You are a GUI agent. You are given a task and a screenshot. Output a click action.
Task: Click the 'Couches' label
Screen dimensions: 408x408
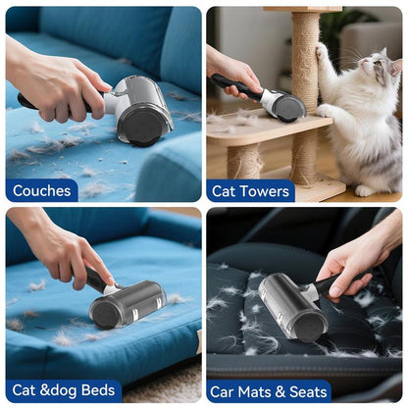point(41,189)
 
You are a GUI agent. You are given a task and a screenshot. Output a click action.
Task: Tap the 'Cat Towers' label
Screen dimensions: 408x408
point(250,189)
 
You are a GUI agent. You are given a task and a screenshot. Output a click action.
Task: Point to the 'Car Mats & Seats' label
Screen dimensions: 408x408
point(268,391)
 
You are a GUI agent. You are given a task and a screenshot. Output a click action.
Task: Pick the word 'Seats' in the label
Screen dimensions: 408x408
point(307,391)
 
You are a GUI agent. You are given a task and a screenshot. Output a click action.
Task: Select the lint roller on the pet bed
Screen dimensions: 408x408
point(125,302)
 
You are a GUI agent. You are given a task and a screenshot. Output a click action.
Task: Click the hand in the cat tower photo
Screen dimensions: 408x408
point(229,69)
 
